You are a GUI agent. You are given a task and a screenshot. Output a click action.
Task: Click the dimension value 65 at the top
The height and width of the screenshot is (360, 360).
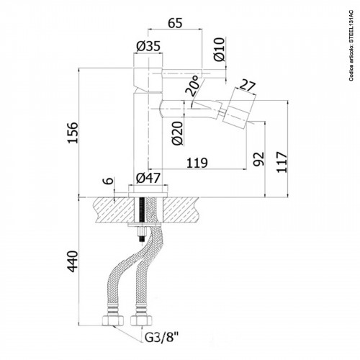[x=174, y=22]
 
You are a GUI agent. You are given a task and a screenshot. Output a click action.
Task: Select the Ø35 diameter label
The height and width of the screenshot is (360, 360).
[x=148, y=48]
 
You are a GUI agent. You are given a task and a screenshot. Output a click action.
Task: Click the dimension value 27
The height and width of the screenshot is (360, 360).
[x=246, y=86]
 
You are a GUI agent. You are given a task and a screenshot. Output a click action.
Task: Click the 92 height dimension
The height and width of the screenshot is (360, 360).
[x=258, y=157]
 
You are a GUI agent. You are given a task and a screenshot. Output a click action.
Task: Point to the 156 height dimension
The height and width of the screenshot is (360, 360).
[x=71, y=132]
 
